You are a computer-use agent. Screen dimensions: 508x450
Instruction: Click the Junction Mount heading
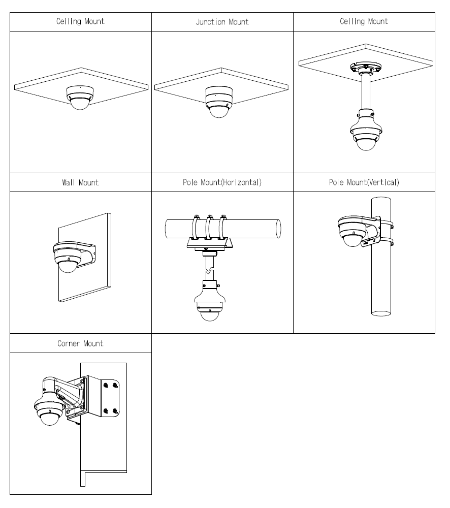(222, 22)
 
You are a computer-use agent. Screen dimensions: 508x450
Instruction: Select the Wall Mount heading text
(80, 182)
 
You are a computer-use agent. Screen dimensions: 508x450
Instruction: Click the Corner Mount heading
(80, 343)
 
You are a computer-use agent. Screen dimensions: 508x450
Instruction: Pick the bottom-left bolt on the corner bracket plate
(105, 410)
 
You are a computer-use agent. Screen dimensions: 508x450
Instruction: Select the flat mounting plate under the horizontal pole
(209, 245)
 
